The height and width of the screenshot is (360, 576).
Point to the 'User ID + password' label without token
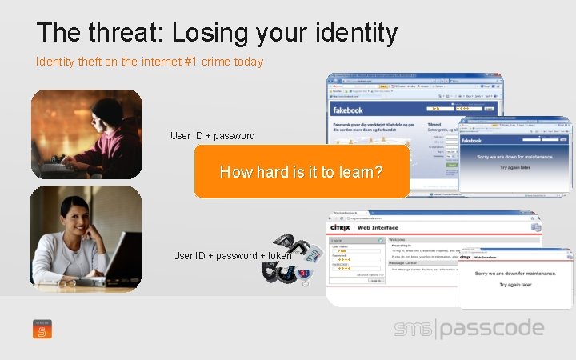click(213, 135)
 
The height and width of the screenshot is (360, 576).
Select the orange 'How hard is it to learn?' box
click(302, 171)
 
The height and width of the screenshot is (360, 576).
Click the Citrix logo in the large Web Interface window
click(342, 228)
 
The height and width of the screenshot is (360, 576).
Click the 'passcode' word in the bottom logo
click(492, 329)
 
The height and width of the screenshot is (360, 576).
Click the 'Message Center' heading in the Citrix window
click(407, 262)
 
